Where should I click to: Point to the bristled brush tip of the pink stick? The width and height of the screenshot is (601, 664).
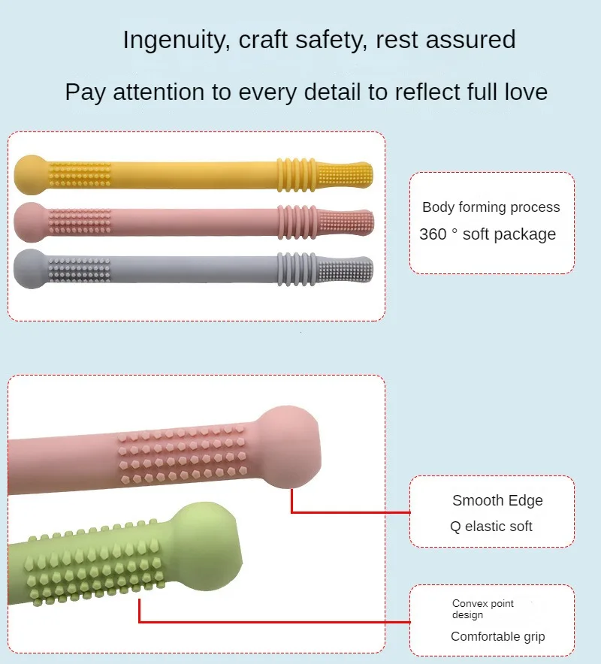click(346, 221)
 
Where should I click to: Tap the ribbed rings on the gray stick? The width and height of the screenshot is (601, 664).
click(294, 267)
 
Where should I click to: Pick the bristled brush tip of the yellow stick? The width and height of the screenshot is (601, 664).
click(346, 174)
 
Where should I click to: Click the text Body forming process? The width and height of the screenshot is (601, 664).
click(491, 207)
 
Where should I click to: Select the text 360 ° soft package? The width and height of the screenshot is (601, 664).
click(488, 234)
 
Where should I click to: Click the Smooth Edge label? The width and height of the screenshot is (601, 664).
click(497, 501)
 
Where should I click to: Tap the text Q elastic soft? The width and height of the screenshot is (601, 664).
click(491, 527)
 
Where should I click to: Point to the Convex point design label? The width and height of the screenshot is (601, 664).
click(483, 609)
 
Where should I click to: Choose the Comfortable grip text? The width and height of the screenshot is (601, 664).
click(498, 637)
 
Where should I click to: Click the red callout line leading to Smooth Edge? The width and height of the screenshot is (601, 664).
click(349, 512)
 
